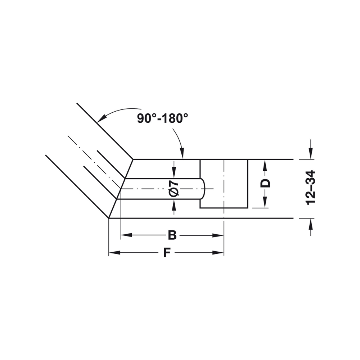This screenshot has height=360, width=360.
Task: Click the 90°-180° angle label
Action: [163, 118]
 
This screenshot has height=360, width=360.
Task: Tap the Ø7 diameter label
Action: [174, 188]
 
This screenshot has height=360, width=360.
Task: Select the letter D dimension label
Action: [265, 183]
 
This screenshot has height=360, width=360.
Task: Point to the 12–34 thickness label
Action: [311, 188]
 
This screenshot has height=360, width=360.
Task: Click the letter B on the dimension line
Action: [172, 235]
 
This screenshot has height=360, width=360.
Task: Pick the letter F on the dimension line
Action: [166, 253]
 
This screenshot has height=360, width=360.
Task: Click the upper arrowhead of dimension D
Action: [265, 164]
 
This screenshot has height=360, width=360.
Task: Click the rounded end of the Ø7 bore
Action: [203, 189]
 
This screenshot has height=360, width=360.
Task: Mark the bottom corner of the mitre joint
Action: [109, 218]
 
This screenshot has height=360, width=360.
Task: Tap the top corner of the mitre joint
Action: [133, 159]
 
